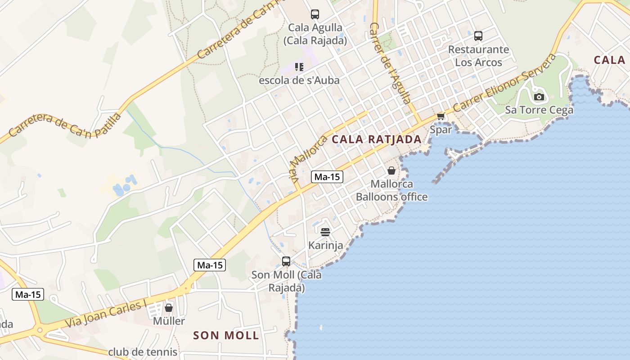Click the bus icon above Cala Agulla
[315, 14]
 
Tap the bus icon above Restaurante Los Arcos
[478, 36]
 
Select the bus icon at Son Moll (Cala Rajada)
[286, 261]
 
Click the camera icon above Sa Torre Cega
[539, 97]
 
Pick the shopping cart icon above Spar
[441, 117]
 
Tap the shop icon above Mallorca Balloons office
[391, 171]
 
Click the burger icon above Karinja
[325, 232]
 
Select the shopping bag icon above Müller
[169, 308]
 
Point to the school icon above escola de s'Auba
[299, 67]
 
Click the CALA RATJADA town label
[377, 139]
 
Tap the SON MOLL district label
[226, 335]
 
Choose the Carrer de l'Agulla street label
[390, 63]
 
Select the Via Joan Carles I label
[106, 314]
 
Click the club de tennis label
[143, 352]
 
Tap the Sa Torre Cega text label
[539, 110]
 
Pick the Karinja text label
[326, 246]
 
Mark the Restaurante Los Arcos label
[478, 56]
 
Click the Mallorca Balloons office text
[391, 190]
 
